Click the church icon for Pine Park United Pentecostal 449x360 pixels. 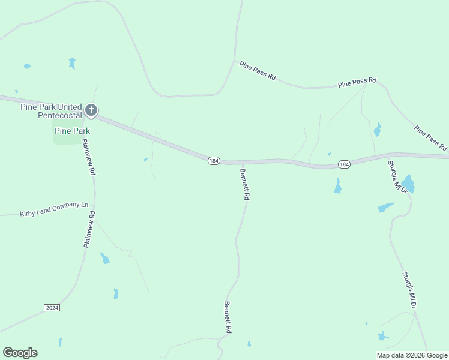click(91, 110)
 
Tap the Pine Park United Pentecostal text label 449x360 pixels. click(50, 111)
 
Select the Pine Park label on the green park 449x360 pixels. click(72, 131)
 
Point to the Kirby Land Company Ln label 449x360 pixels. click(54, 209)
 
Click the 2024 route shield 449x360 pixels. click(52, 308)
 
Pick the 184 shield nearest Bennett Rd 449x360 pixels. click(214, 161)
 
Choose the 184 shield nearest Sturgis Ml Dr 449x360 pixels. click(344, 164)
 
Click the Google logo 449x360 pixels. click(20, 353)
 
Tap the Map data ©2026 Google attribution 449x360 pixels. click(412, 355)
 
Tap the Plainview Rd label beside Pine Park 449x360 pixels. click(88, 157)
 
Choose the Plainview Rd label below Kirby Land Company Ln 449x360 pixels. click(89, 229)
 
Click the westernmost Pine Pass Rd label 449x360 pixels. click(257, 71)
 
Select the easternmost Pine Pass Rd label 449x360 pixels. click(430, 137)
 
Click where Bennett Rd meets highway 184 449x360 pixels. click(237, 162)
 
